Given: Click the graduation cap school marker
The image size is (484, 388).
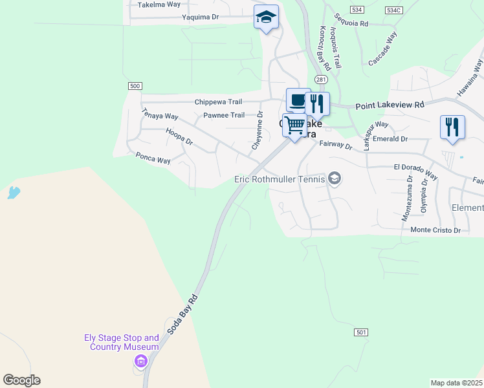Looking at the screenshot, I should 266,17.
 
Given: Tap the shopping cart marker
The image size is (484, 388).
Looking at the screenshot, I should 295,125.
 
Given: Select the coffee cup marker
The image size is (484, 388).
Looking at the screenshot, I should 298,100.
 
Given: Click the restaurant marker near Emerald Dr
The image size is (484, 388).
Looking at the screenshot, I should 452,126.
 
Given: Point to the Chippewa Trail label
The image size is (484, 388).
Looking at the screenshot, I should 218,102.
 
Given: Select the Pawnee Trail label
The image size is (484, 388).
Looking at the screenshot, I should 224,115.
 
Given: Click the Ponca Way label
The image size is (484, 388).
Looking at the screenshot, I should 153,158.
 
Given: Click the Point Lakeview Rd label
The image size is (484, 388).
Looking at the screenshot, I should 389,104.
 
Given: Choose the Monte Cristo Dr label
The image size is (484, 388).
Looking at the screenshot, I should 435,230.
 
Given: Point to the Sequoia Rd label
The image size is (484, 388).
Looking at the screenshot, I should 351,23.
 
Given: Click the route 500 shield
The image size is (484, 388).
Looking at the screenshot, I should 135,86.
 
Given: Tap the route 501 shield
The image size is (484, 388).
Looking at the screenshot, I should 362,332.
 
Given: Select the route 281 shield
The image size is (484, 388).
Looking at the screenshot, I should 322,79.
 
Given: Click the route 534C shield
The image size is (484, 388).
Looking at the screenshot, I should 393,10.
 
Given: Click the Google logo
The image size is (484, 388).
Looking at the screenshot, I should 21,380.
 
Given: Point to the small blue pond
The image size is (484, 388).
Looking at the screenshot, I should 13,192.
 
